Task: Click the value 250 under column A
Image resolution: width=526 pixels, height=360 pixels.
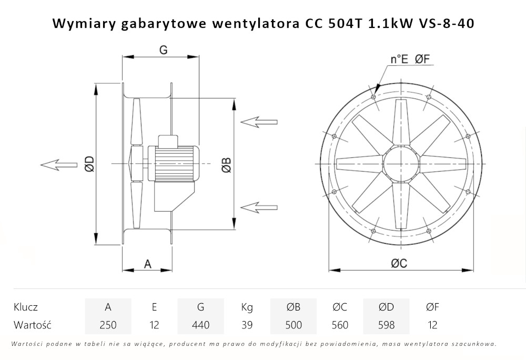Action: point(108,325)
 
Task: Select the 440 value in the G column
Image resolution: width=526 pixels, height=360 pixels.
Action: point(200,325)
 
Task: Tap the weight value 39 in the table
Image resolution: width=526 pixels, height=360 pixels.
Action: point(247,325)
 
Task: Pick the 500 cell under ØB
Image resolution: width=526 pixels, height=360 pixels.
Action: point(294,325)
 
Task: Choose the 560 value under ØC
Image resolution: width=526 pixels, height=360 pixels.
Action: point(340,325)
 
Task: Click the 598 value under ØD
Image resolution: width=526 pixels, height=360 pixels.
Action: point(386,325)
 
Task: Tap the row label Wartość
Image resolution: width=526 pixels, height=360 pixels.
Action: point(32,325)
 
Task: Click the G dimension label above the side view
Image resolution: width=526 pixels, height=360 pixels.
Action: point(163,50)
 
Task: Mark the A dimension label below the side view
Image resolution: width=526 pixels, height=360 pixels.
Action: point(148,264)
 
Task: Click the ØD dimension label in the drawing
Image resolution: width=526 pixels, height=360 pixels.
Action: point(89,164)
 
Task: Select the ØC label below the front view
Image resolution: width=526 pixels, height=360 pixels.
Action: point(399,264)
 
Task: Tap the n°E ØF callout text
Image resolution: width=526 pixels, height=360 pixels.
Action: point(411,59)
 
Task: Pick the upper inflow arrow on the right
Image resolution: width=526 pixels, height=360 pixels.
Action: point(259,122)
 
